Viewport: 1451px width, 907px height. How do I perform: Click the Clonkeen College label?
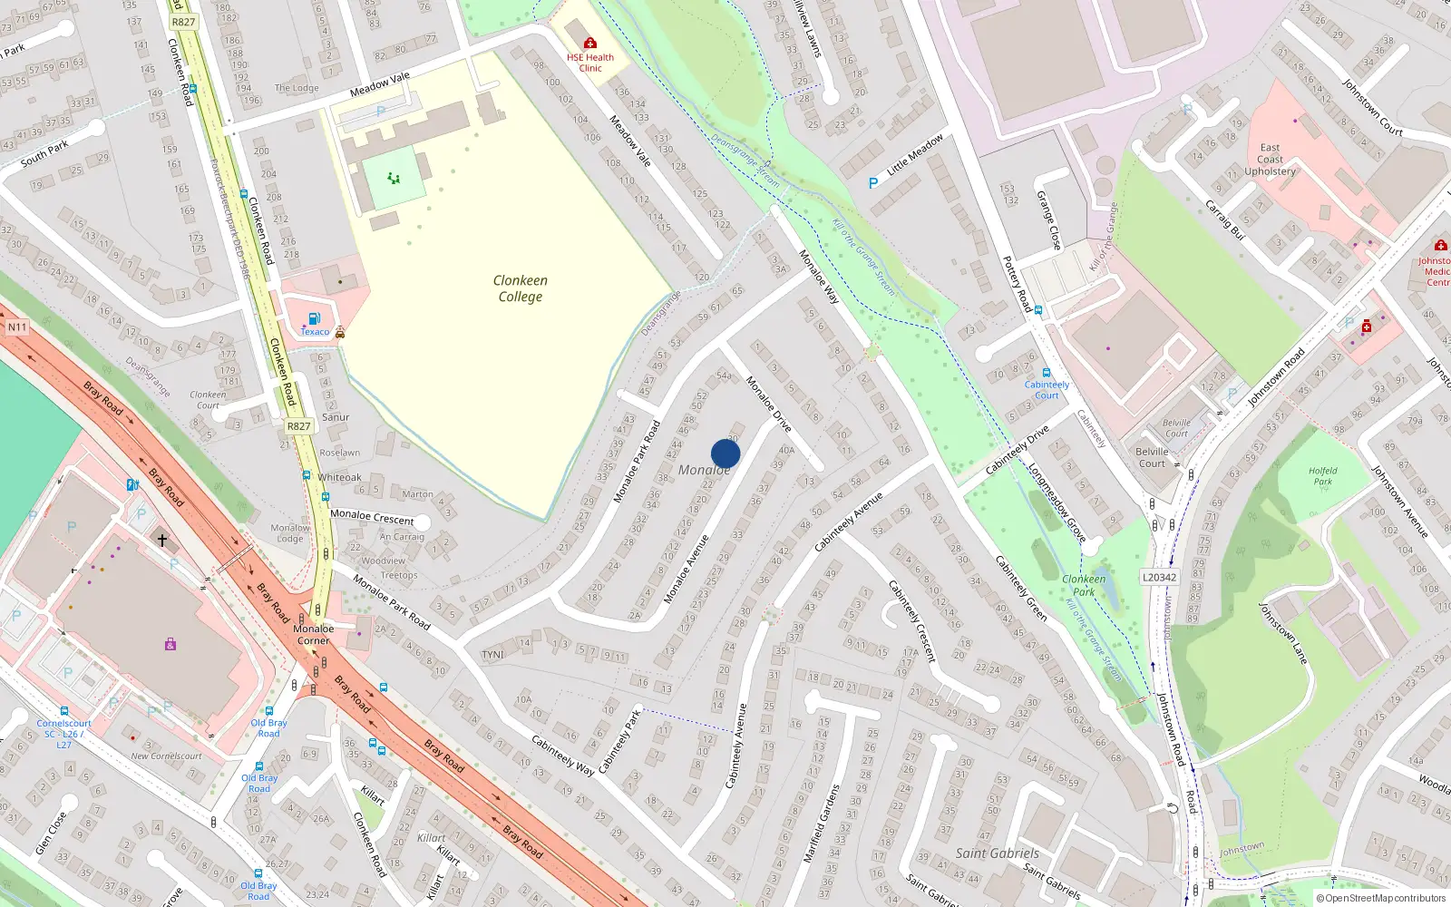point(520,288)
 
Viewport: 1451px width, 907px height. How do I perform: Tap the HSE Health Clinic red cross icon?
point(590,43)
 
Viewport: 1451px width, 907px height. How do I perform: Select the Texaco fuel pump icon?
point(314,318)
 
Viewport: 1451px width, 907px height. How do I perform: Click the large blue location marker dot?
point(725,453)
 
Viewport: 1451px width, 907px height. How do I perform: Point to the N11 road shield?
point(17,327)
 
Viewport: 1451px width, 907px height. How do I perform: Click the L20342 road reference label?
point(1159,577)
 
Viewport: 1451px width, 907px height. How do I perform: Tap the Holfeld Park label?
point(1322,475)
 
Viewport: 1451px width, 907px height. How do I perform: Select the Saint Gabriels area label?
point(997,853)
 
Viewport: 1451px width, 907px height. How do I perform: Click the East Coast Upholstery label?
point(1270,160)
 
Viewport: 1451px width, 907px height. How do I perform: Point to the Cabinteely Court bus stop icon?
point(1046,373)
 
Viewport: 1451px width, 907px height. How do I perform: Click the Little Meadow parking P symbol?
point(873,182)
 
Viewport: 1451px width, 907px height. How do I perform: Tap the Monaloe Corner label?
point(314,634)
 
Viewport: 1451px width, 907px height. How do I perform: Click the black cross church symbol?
point(162,541)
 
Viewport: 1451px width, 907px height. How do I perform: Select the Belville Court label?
point(1152,457)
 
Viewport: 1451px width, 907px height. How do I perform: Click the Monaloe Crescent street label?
point(372,516)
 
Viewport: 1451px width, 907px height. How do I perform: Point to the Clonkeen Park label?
point(1084,585)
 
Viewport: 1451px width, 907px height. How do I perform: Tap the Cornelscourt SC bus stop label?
point(63,734)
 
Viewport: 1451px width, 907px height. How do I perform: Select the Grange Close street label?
point(1048,220)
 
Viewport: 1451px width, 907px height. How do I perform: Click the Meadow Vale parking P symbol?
point(381,112)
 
